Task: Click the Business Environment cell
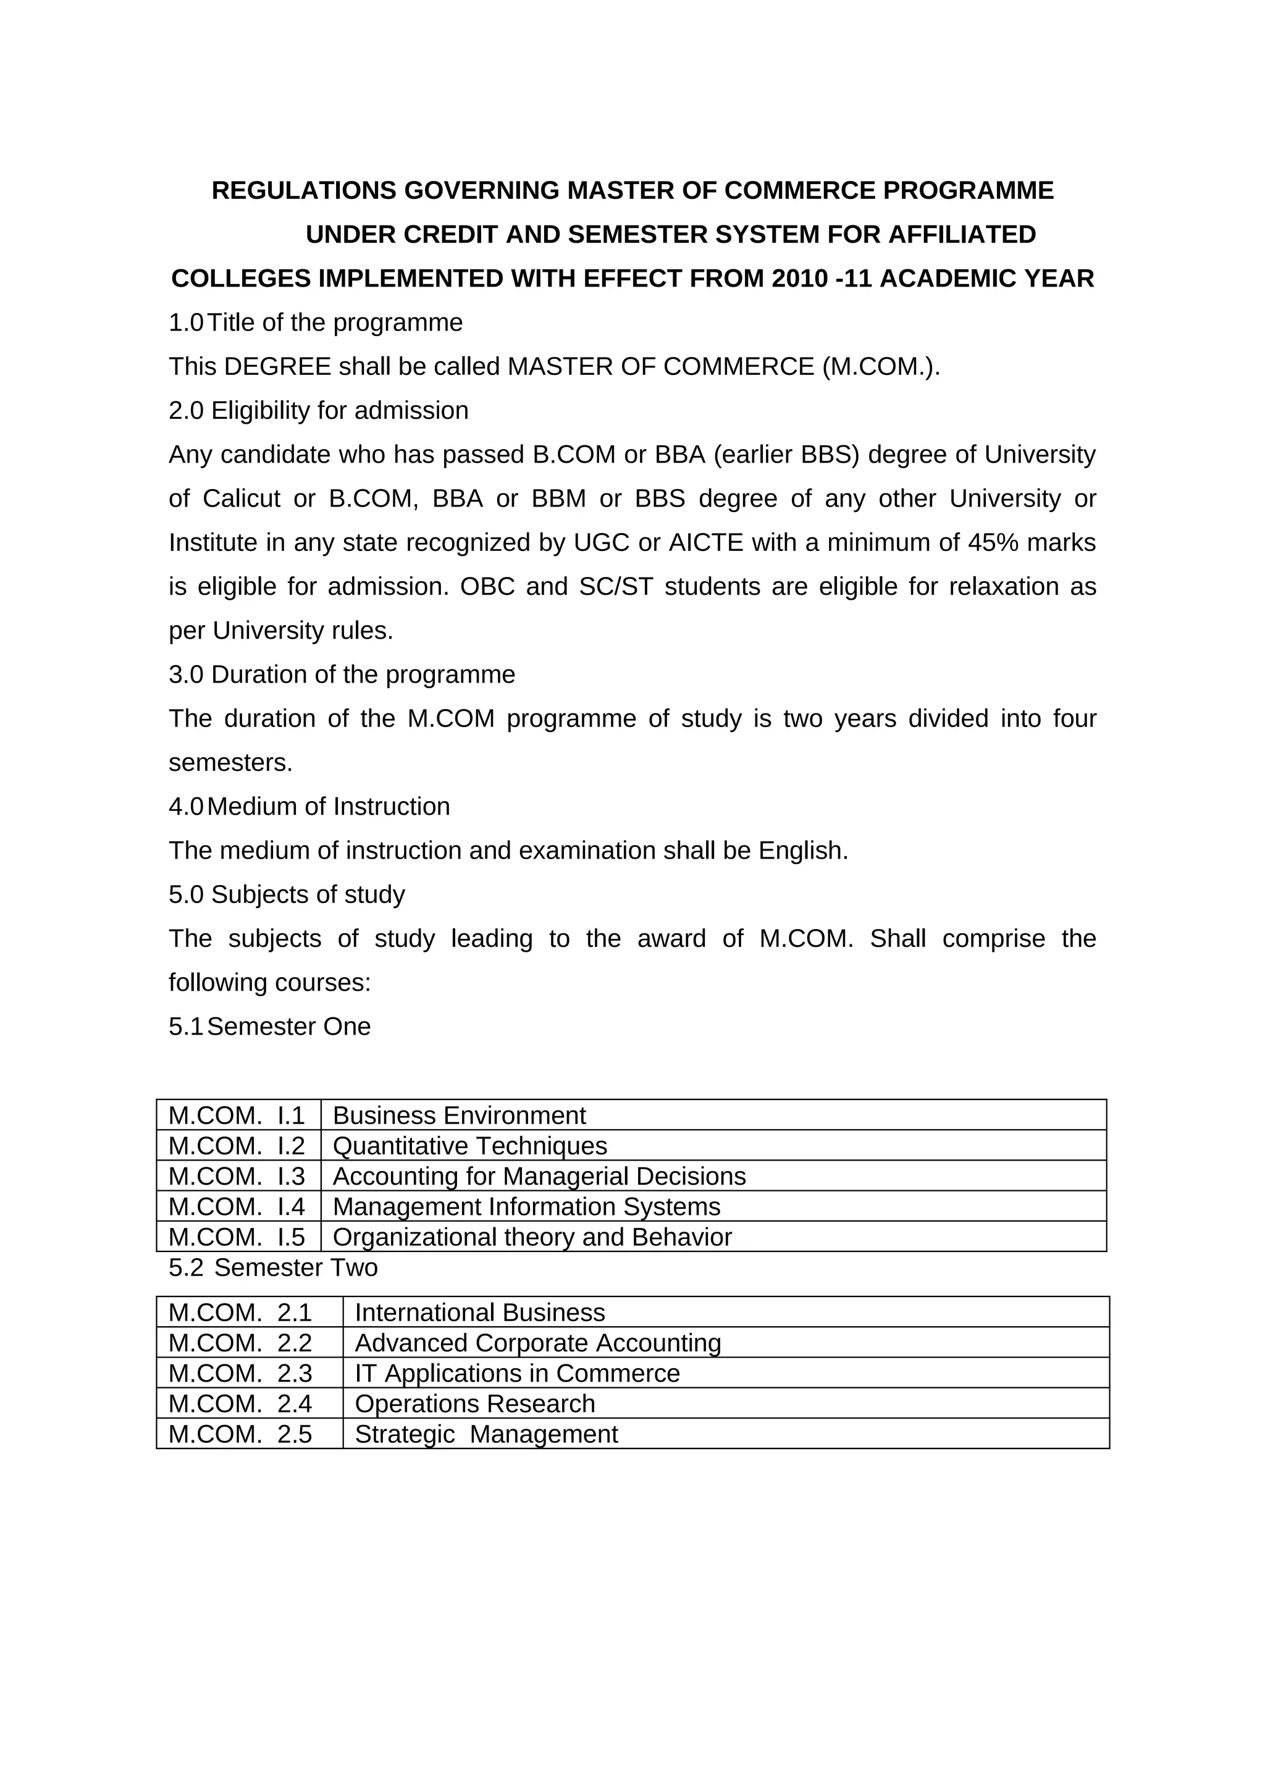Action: coord(459,1116)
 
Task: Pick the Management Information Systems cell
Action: coord(526,1207)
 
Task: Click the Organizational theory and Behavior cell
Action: coord(532,1237)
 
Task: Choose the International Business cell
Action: coord(479,1313)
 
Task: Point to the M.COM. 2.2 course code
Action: coord(240,1343)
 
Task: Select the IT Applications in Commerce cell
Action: coord(517,1374)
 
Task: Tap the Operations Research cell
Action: coord(474,1404)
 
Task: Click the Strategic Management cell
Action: coord(485,1434)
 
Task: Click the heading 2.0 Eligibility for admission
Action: coord(319,411)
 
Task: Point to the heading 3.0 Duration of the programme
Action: coord(342,674)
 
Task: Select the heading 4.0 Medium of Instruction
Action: coord(309,806)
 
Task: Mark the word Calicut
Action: coord(241,499)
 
